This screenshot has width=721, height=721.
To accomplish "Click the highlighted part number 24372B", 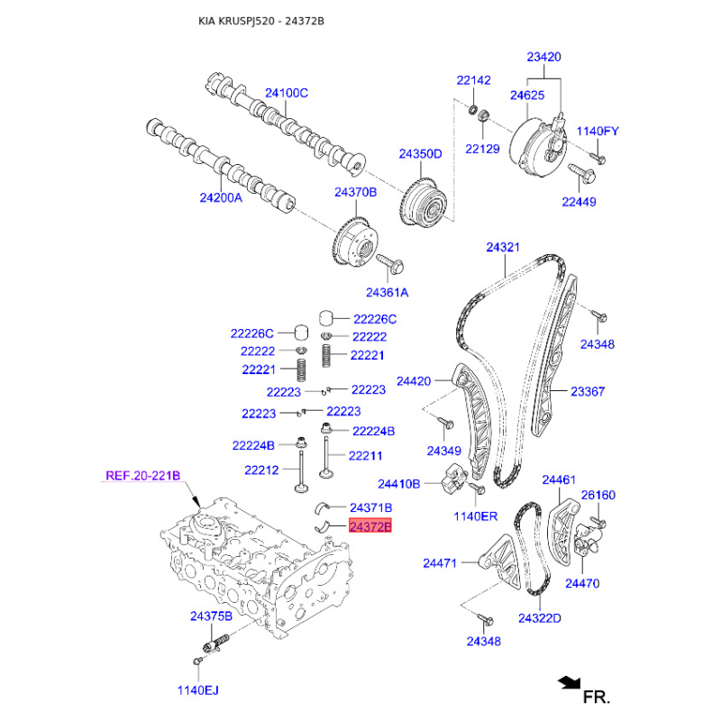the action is click(x=370, y=525).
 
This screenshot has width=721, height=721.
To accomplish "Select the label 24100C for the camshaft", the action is click(x=287, y=93).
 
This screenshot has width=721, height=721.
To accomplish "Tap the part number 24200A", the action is click(x=221, y=197).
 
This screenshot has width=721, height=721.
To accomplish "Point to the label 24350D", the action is click(x=420, y=154).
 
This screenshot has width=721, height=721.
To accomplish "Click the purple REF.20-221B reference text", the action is click(x=143, y=476).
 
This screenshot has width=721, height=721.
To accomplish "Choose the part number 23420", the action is click(x=544, y=57).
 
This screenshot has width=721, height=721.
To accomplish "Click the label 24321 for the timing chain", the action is click(x=503, y=247).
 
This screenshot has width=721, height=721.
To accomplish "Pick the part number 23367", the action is click(x=588, y=391).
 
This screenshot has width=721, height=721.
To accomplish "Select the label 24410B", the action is click(x=398, y=484).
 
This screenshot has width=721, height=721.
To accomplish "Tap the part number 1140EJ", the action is click(x=198, y=690).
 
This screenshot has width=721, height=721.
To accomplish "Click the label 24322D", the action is click(x=540, y=618).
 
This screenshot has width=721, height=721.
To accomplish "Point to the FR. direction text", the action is click(x=597, y=697).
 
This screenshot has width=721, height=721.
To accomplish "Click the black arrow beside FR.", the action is click(x=570, y=683).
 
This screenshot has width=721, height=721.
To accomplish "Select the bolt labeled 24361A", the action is click(x=391, y=263).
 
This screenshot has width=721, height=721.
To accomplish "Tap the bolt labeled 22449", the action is click(x=582, y=173).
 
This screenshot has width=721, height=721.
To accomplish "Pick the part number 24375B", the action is click(x=212, y=616).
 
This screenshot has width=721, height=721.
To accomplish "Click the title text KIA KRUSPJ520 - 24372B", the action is click(x=261, y=21).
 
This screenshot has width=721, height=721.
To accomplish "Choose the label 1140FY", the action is click(x=598, y=131).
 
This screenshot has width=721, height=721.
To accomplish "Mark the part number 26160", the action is click(x=598, y=495).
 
